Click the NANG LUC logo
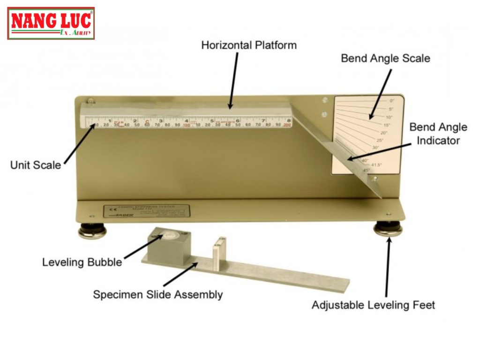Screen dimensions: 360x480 coord(51,23)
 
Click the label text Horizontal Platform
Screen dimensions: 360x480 coord(249,45)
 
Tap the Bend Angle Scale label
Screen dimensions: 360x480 coord(385,59)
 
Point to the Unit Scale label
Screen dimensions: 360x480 coord(36,165)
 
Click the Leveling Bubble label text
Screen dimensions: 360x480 coord(82,262)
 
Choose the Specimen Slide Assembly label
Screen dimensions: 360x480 coord(157,295)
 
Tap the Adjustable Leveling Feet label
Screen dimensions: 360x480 coord(373,305)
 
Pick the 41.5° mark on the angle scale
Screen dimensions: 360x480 coord(376,165)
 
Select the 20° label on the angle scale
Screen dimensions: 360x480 coord(384,133)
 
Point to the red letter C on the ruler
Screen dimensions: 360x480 coord(147,122)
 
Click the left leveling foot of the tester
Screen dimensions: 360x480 coord(92,231)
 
